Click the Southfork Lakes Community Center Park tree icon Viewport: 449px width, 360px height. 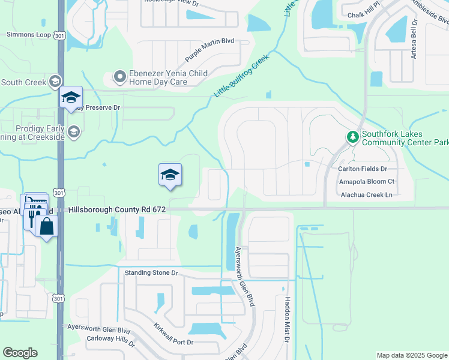tap(352, 138)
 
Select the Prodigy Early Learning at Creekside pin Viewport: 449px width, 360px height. tap(74, 131)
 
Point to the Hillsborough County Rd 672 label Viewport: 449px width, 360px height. tap(117, 209)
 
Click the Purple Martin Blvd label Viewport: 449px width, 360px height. tap(209, 51)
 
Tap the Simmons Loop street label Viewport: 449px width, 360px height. tap(29, 35)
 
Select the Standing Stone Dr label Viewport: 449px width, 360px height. tap(152, 272)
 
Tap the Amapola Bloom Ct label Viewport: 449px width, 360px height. tap(367, 181)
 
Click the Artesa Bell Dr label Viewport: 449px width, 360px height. tap(414, 44)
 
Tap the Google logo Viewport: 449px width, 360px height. tap(20, 353)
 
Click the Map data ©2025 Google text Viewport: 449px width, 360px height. tap(411, 355)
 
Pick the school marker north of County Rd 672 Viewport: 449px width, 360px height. tap(170, 175)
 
